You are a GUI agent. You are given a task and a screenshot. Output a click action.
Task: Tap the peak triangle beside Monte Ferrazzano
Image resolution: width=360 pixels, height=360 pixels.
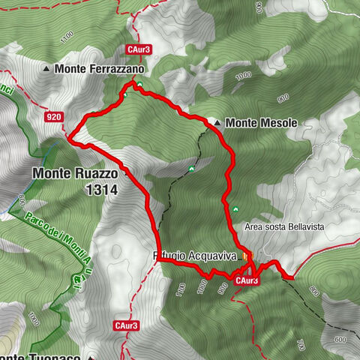(47, 69)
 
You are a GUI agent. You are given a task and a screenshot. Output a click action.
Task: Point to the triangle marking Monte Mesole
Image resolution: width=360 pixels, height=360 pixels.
(217, 122)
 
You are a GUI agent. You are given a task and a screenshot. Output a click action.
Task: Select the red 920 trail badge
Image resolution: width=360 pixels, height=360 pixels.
(52, 117)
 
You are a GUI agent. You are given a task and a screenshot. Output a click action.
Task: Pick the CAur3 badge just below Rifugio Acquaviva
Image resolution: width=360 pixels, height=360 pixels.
(247, 280)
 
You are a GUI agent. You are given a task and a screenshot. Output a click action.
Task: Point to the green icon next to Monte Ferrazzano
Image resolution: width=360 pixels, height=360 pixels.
(139, 83)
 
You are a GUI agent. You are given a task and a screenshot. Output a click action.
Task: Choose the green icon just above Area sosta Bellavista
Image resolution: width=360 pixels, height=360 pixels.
(235, 208)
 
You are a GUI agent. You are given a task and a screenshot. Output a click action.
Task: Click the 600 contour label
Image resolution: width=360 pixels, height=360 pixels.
(341, 318)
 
